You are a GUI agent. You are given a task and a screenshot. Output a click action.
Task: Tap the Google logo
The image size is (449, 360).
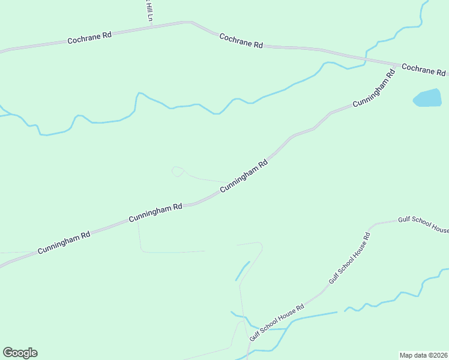(x=20, y=353)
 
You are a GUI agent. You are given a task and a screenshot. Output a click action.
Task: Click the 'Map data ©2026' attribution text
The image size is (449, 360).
(x=423, y=355)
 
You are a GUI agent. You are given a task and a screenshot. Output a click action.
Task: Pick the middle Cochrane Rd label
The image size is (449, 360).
(x=241, y=41)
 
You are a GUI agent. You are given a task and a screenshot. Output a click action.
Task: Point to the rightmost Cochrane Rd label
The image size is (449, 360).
(x=423, y=70)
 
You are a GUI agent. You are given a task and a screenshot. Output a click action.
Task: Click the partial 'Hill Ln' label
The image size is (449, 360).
(x=146, y=11)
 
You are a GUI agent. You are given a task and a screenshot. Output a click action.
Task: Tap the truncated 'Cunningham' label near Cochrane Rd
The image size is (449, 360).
(x=373, y=89)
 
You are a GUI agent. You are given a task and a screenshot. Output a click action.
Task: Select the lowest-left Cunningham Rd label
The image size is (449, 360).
(x=64, y=242)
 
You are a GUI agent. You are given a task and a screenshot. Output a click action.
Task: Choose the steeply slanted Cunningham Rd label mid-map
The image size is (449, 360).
(x=243, y=176)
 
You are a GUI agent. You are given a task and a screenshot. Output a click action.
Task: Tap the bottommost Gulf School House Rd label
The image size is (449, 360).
(x=277, y=323)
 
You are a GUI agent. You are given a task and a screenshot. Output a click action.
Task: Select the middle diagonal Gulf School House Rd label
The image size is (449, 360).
(x=351, y=259)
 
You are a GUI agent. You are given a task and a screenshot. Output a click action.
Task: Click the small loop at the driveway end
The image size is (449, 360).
(x=177, y=172)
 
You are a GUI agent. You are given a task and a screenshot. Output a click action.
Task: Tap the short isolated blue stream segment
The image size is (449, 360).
(x=243, y=271)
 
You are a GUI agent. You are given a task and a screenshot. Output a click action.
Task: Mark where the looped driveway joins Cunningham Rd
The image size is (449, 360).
(x=228, y=183)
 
